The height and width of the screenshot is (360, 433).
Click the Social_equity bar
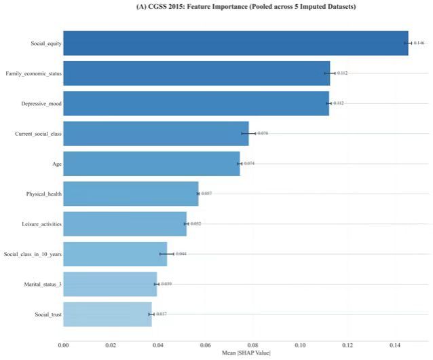[x=236, y=43]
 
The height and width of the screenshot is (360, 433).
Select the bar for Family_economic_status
[x=197, y=73]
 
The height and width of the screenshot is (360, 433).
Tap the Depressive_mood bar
[x=196, y=103]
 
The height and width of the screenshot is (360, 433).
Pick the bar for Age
[x=151, y=164]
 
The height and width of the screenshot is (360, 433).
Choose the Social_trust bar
[x=107, y=314]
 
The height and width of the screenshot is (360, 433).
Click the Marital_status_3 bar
[x=110, y=284]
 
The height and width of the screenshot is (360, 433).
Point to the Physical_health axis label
[x=44, y=194]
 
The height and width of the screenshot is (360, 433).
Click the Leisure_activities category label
[x=41, y=224]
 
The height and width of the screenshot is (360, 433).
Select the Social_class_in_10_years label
[x=33, y=254]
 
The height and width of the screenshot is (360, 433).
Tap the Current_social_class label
[x=39, y=134]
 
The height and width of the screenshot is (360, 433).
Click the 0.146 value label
[x=419, y=43]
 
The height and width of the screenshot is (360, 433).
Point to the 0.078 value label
[x=263, y=133]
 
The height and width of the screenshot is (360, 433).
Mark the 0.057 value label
[x=206, y=194]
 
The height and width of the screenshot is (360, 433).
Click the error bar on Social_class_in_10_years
[x=167, y=254]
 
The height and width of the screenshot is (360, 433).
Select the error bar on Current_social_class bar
[x=248, y=133]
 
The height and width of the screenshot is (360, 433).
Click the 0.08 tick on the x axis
[x=252, y=345]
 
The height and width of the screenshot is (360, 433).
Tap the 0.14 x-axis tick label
[x=395, y=345]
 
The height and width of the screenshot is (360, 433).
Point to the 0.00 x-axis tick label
[x=64, y=345]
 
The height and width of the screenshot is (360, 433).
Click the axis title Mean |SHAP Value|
[x=246, y=353]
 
